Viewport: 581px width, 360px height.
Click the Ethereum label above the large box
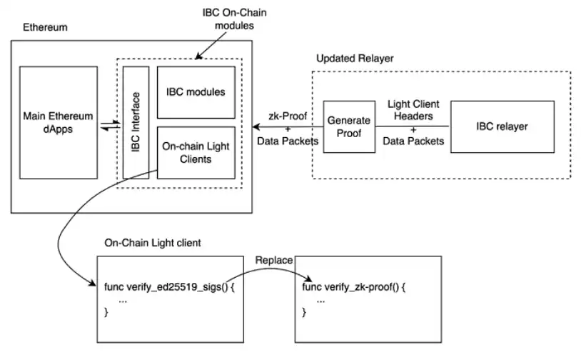point(45,27)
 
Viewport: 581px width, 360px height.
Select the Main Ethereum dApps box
point(59,122)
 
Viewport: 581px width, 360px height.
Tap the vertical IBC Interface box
point(136,122)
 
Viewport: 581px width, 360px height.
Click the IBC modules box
point(196,92)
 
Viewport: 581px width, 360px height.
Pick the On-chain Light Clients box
point(196,153)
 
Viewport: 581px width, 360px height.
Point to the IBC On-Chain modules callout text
point(234,19)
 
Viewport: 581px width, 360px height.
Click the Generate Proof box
point(349,127)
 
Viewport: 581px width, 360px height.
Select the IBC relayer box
point(502,127)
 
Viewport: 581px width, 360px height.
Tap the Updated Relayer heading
point(355,58)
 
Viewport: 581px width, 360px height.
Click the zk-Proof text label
point(288,116)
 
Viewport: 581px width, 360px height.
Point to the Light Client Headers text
point(413,110)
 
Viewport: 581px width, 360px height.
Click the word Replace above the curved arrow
point(274,260)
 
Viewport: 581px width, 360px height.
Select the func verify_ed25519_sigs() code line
point(169,287)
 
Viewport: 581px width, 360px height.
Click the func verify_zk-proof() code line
point(354,287)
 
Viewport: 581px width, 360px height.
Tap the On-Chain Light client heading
point(153,243)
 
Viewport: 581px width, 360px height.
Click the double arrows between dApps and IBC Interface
point(111,125)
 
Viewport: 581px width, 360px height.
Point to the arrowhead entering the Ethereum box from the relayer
point(256,127)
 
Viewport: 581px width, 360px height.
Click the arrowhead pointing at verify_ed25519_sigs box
point(92,283)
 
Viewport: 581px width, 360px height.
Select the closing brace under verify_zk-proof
point(304,312)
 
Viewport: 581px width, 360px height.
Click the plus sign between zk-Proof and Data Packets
point(288,129)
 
